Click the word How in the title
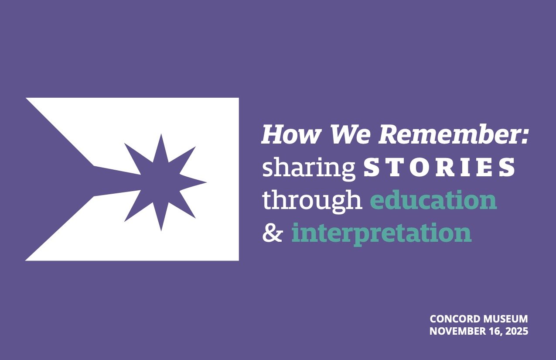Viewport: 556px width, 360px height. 290,135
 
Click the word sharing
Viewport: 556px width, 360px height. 309,169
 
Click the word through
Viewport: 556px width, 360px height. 312,201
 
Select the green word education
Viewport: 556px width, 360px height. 433,199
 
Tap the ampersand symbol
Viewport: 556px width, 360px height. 272,233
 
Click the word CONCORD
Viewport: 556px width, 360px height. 453,319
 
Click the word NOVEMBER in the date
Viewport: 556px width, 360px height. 455,331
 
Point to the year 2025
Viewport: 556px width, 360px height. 517,331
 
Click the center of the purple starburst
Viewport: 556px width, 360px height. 160,182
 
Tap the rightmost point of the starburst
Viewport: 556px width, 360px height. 207,182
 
